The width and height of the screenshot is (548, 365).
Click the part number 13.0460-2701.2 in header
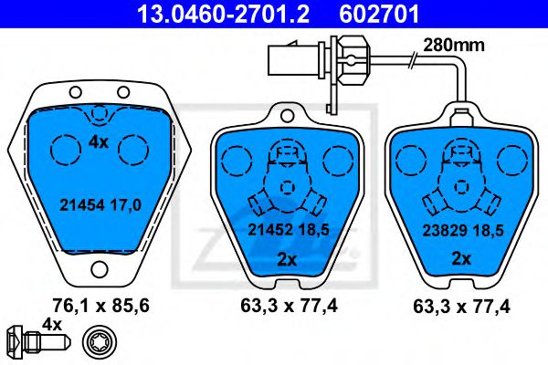pos(224,15)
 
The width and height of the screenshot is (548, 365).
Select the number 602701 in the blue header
pos(379,15)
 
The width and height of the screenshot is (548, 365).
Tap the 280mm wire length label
pos(454,45)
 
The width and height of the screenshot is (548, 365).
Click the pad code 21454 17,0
pos(100,205)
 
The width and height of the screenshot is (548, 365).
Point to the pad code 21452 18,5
pos(289,230)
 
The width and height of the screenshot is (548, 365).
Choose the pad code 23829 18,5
pos(463,231)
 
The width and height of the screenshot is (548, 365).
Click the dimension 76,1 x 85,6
pos(100,306)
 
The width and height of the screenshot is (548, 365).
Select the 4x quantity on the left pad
pos(99,142)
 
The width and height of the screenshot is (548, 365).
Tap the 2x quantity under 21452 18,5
pos(287,259)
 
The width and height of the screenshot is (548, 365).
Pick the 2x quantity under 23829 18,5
pos(461,259)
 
